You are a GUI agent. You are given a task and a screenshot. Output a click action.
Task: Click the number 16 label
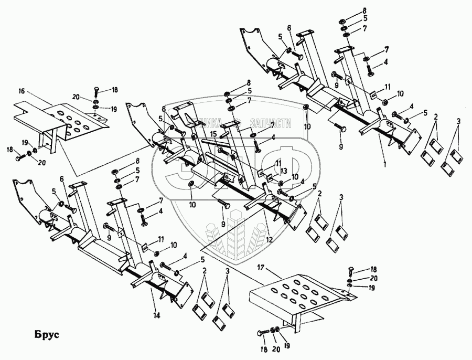point(21,91)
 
